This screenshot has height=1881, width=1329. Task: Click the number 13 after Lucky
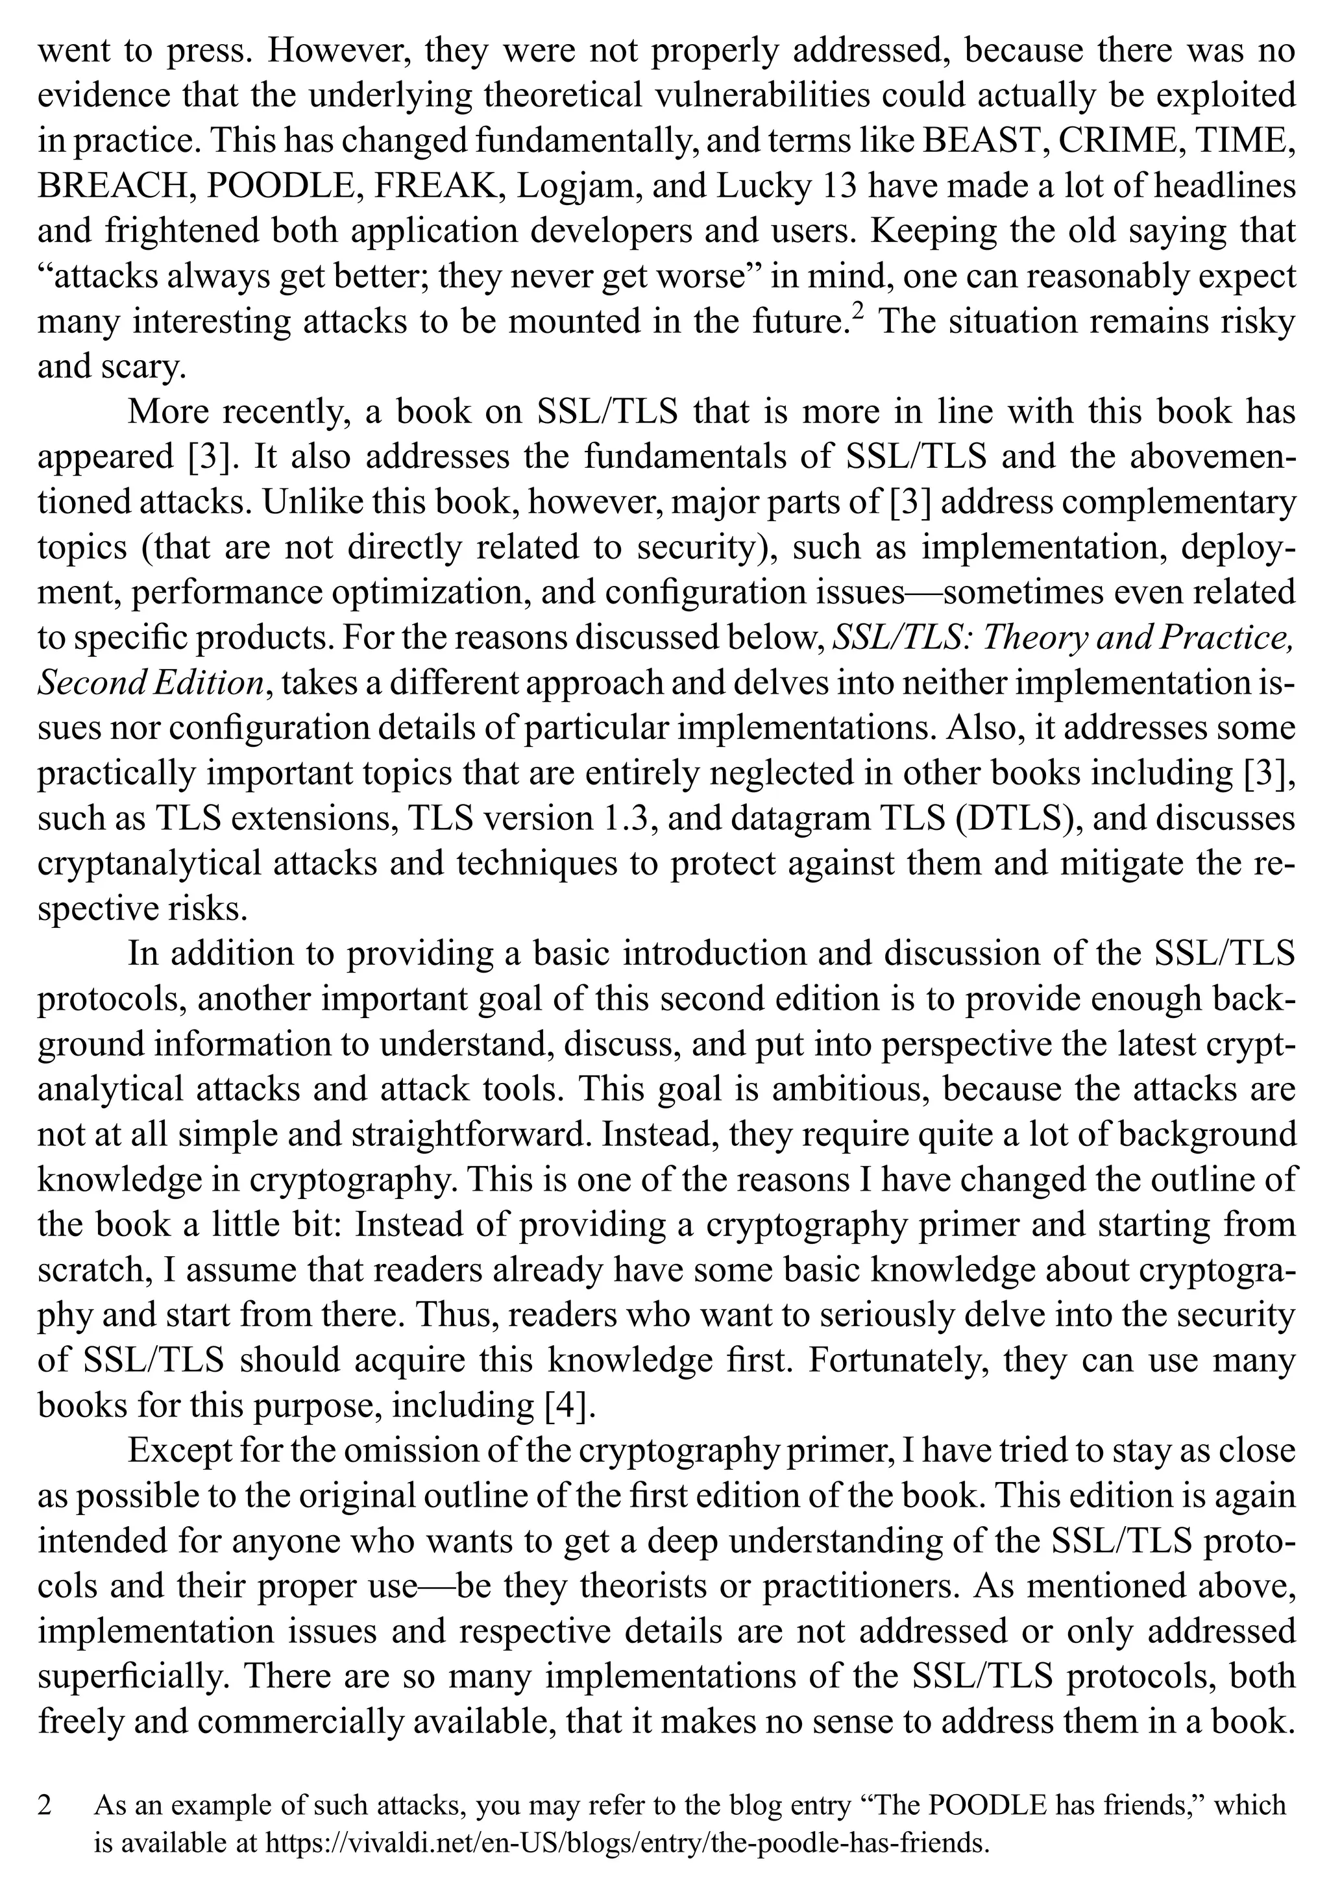[839, 186]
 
